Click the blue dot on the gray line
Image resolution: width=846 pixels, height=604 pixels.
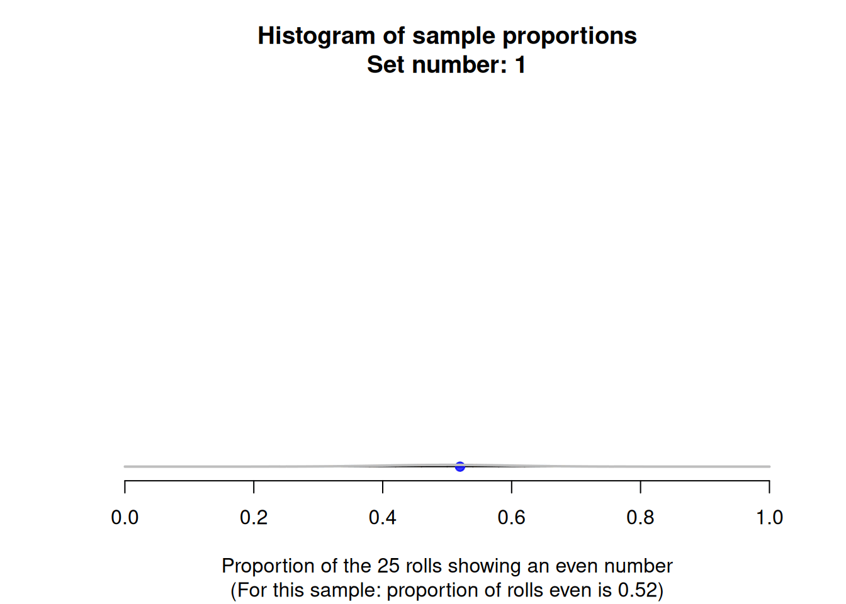(x=460, y=467)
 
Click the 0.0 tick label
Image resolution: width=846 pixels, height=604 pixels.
(x=125, y=517)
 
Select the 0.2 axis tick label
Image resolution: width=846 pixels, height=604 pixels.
(x=254, y=517)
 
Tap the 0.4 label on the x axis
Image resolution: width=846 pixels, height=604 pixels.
(x=383, y=517)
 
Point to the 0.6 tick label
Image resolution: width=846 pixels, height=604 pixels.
(x=511, y=517)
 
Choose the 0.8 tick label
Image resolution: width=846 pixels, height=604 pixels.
(x=640, y=517)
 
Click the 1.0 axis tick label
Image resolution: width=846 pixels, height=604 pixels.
(x=769, y=517)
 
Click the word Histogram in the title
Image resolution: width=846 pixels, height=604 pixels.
(x=317, y=36)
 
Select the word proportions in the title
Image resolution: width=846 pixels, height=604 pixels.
(x=570, y=36)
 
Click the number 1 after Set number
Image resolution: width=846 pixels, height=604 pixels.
(x=521, y=65)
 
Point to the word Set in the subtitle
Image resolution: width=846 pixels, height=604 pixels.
(x=386, y=65)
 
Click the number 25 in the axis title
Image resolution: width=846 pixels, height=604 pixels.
(x=388, y=566)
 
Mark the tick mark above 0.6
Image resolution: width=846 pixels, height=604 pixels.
(x=511, y=486)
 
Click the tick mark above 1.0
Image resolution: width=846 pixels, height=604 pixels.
(x=769, y=486)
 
